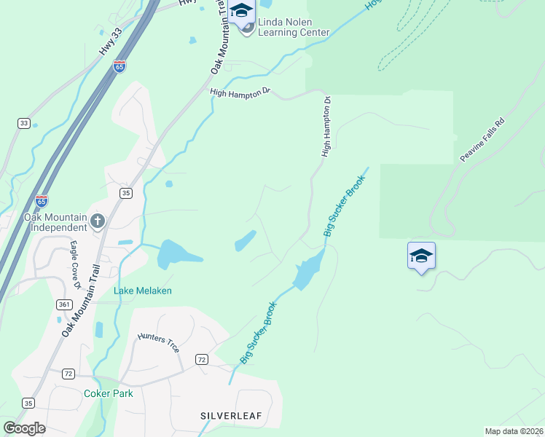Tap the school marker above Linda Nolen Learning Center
click(241, 11)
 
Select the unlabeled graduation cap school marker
click(421, 256)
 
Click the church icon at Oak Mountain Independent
click(98, 220)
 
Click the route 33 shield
click(24, 123)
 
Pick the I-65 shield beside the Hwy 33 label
click(119, 66)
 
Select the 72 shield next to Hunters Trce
click(202, 360)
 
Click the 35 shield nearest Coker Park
click(28, 403)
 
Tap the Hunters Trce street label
click(158, 343)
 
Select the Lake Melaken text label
click(143, 291)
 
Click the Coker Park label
click(108, 393)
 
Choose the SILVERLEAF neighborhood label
click(230, 415)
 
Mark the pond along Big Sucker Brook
click(307, 271)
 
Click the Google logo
click(23, 428)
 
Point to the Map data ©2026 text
click(514, 430)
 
